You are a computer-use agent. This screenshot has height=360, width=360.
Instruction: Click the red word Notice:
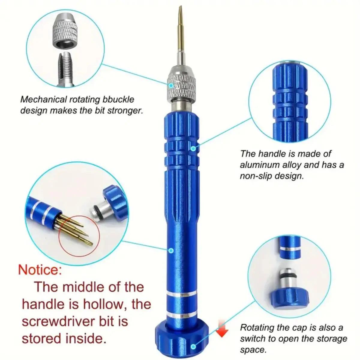[x=40, y=270]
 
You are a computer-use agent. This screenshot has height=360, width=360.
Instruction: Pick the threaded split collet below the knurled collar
[x=66, y=70]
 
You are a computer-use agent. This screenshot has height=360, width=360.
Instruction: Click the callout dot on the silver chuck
[x=171, y=85]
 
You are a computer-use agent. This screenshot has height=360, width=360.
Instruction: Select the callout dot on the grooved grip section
[x=193, y=148]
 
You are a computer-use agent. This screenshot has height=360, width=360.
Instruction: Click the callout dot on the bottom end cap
[x=193, y=347]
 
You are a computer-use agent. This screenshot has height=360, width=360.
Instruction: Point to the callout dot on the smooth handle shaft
[x=171, y=250]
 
